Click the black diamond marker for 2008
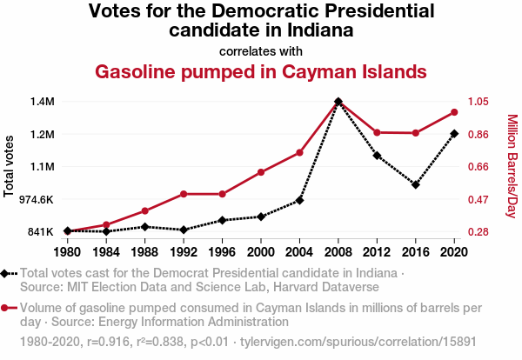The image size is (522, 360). click(338, 102)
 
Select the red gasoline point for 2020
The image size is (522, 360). click(454, 112)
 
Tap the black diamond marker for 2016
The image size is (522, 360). click(416, 184)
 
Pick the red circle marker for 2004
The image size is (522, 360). click(300, 153)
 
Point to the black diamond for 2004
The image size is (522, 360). click(300, 200)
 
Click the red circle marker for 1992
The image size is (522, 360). click(184, 194)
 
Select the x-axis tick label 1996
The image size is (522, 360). click(223, 252)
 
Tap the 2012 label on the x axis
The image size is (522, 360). click(377, 252)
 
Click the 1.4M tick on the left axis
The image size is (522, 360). click(41, 102)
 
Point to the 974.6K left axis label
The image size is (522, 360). click(36, 199)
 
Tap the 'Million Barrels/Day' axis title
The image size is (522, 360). click(512, 166)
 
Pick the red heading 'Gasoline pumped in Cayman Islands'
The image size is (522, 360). click(261, 70)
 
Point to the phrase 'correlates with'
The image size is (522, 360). click(261, 50)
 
